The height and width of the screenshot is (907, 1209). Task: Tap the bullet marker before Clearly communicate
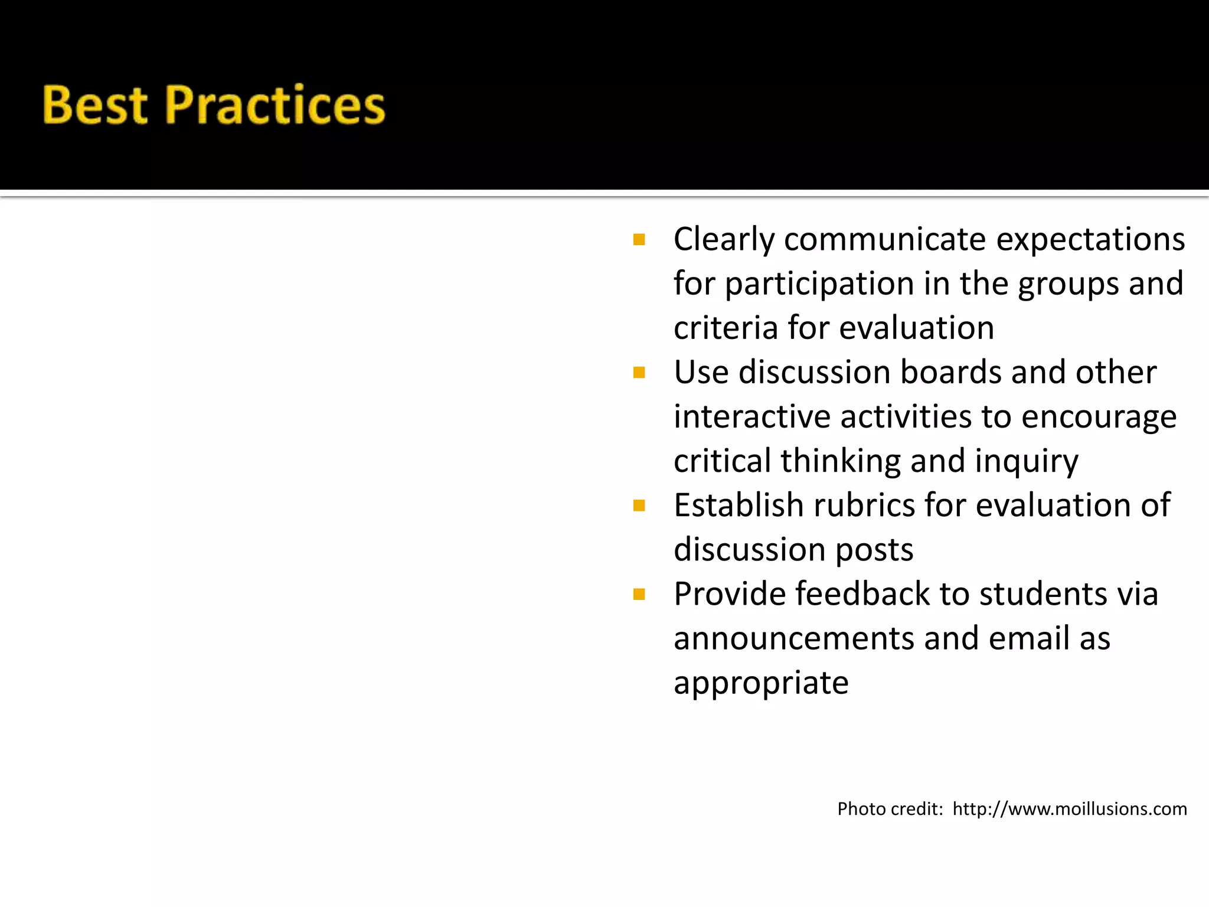coord(639,240)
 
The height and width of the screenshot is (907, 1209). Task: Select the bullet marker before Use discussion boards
coord(639,373)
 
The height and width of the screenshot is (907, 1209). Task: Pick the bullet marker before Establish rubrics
coord(639,505)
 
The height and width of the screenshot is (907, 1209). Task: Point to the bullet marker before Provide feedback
coord(639,594)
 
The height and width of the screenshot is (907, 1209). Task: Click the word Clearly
coord(724,240)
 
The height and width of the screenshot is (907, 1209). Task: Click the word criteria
coord(726,328)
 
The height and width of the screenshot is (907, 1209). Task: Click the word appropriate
coord(761,684)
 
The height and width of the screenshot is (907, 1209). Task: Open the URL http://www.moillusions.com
coord(1069,809)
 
